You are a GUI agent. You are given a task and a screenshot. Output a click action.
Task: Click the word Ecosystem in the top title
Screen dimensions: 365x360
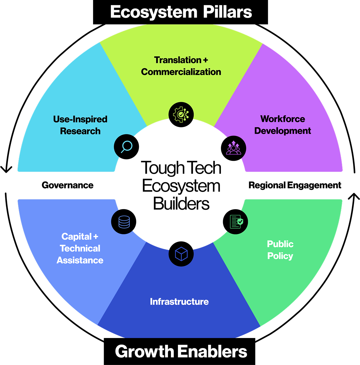pyautogui.click(x=154, y=13)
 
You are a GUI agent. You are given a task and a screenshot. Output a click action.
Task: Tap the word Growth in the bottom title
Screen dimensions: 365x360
pyautogui.click(x=144, y=352)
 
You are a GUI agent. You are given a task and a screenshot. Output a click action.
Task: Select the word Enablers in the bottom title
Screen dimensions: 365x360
pyautogui.click(x=212, y=352)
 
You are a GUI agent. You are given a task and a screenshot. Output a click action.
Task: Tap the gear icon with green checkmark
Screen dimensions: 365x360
pyautogui.click(x=181, y=115)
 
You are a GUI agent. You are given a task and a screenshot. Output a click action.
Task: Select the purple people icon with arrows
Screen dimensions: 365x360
pyautogui.click(x=234, y=148)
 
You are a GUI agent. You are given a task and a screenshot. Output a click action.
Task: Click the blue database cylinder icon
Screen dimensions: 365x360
pyautogui.click(x=124, y=222)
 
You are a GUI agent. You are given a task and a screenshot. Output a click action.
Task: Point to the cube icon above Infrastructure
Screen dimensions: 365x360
pyautogui.click(x=181, y=254)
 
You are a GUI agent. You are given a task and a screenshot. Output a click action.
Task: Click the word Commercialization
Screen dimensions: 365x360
pyautogui.click(x=181, y=72)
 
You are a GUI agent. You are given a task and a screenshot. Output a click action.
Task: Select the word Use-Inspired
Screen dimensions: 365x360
pyautogui.click(x=80, y=119)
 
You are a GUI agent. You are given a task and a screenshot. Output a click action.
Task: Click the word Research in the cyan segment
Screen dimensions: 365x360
pyautogui.click(x=80, y=131)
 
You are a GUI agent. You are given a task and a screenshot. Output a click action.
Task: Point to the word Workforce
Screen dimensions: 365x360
pyautogui.click(x=283, y=119)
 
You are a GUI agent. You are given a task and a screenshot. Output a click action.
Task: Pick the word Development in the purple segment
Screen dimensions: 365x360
pyautogui.click(x=283, y=131)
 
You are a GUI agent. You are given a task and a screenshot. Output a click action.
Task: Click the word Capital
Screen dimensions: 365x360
pyautogui.click(x=77, y=236)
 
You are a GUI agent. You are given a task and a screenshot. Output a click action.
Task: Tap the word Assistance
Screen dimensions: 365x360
pyautogui.click(x=80, y=260)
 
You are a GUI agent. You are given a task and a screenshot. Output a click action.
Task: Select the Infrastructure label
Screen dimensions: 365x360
pyautogui.click(x=179, y=302)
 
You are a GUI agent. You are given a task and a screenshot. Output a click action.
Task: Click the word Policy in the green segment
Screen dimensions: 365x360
pyautogui.click(x=280, y=256)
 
